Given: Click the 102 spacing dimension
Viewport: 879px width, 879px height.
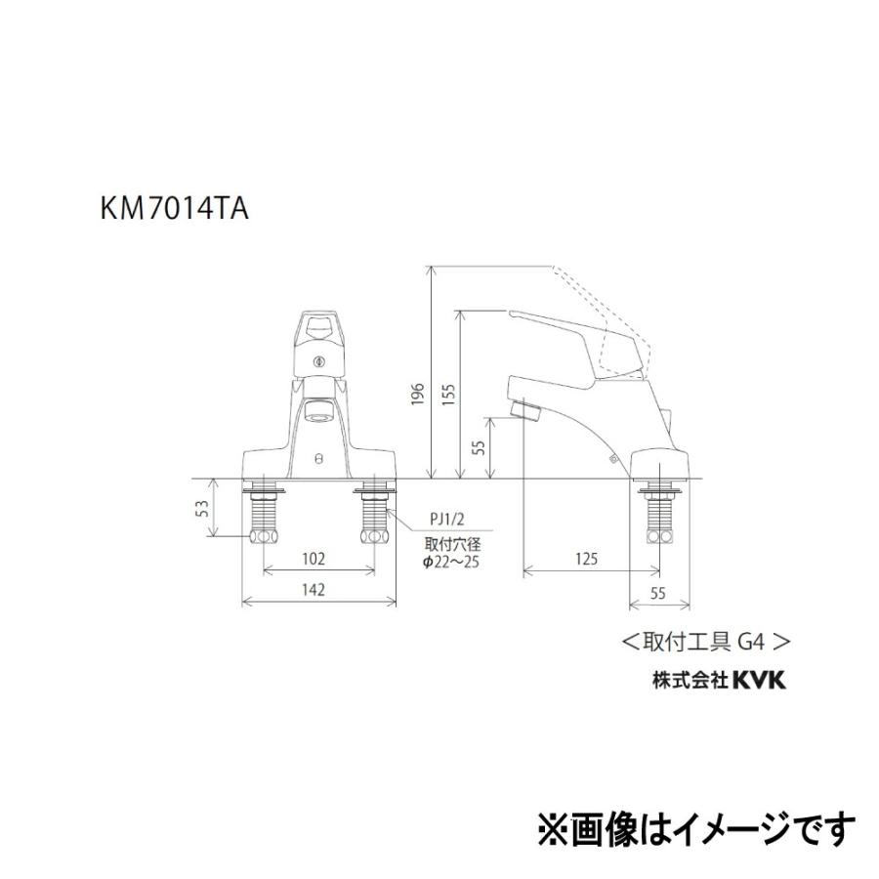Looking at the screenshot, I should [314, 560].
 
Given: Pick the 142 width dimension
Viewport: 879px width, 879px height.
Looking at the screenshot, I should [314, 589].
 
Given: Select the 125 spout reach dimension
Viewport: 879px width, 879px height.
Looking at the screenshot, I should [586, 560].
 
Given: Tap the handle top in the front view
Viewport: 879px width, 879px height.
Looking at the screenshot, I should [318, 327].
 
